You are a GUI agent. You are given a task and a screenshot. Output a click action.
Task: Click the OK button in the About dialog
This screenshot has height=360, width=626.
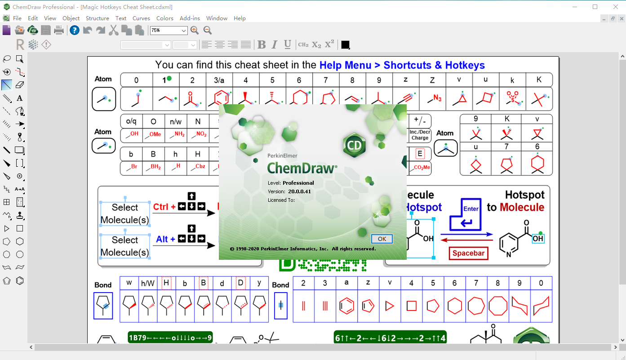(382, 239)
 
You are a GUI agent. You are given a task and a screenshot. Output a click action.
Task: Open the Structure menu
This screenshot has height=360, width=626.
(98, 18)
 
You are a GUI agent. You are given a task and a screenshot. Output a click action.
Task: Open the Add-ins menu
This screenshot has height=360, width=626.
(190, 18)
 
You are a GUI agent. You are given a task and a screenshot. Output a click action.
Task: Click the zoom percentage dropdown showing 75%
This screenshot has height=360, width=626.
(169, 31)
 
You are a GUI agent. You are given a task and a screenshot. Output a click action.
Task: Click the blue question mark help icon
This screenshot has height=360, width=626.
(75, 31)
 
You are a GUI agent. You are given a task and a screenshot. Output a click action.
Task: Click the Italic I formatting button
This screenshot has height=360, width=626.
(275, 44)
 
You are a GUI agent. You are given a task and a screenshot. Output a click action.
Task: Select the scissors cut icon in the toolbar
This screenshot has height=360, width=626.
(113, 31)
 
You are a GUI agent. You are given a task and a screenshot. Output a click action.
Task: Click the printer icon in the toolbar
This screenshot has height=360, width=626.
(58, 31)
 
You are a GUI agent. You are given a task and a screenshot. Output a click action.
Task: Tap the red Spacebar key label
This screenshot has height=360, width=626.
(468, 253)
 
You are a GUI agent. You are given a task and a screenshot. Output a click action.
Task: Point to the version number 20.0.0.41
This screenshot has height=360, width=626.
(299, 191)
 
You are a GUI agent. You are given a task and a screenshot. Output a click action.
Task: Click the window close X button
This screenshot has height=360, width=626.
(615, 7)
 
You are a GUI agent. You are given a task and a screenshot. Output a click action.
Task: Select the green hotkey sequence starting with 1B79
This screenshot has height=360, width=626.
(170, 338)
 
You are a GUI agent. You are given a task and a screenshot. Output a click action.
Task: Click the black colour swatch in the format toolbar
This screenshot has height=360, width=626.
(345, 44)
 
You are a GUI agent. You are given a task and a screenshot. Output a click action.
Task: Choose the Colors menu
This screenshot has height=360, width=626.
(165, 18)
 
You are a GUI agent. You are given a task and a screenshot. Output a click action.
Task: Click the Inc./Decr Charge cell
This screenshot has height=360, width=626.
(420, 135)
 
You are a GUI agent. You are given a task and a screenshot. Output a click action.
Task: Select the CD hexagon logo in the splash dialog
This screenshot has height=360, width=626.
(355, 145)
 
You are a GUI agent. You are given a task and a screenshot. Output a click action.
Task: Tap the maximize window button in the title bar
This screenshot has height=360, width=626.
(595, 7)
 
